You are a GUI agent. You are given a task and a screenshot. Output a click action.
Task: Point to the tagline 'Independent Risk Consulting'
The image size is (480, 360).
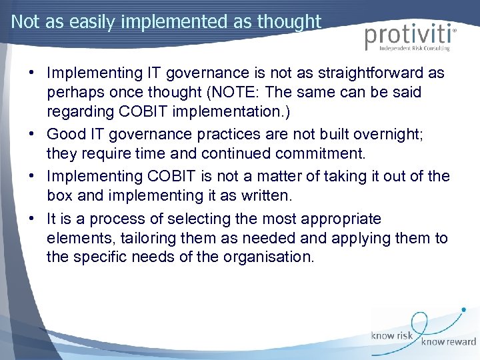pos(415,49)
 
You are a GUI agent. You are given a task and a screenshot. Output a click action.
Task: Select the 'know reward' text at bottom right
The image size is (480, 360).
pos(447,341)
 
